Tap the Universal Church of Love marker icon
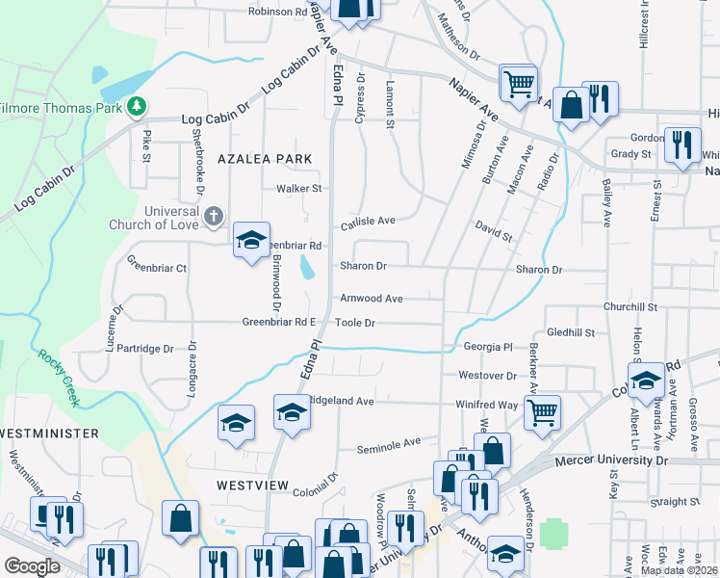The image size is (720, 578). point(214,219)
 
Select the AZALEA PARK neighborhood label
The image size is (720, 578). point(265,158)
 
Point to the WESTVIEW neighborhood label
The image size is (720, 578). point(252,486)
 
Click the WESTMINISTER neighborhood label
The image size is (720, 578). point(50,433)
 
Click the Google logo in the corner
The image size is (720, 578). point(32,566)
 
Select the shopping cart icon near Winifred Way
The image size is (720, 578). point(543,412)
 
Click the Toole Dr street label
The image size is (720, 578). point(355,323)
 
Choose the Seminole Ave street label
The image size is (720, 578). point(389,444)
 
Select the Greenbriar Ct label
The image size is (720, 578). point(157,269)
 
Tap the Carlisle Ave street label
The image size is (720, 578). point(369,221)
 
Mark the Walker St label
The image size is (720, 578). point(297,189)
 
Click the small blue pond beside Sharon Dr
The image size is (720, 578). point(306,267)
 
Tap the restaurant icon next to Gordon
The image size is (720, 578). point(681,145)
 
